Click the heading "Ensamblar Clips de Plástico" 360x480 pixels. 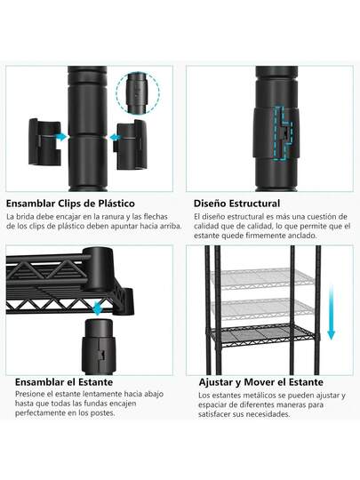[x=70, y=204]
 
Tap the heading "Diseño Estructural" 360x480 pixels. [x=236, y=204]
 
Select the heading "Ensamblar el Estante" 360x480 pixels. [x=64, y=382]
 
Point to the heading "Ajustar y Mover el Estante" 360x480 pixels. [x=260, y=382]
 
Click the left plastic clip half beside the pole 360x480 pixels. [x=44, y=141]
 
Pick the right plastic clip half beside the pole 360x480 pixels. [x=130, y=144]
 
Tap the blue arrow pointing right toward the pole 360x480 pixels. [x=61, y=137]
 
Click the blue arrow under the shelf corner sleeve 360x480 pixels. [x=98, y=308]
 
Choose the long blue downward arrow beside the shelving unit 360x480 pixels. [x=332, y=312]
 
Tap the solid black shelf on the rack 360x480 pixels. [x=264, y=336]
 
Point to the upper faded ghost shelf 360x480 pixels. [x=262, y=279]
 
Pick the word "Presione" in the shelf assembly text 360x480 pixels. [x=29, y=394]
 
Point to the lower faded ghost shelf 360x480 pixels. [x=262, y=308]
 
